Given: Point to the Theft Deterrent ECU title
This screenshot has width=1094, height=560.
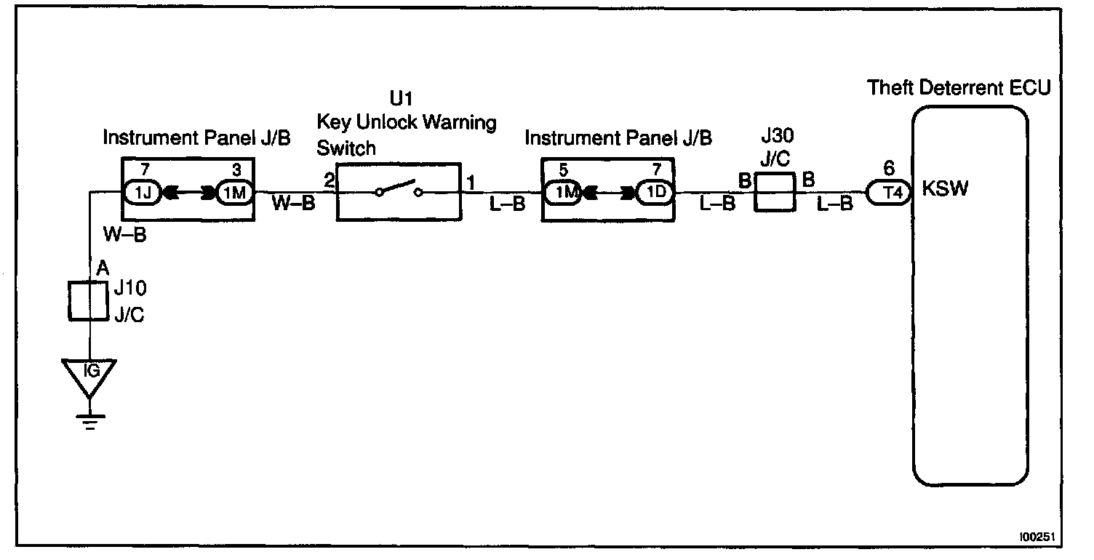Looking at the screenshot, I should [959, 89].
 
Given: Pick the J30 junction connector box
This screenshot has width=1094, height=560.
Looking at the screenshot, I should [776, 193].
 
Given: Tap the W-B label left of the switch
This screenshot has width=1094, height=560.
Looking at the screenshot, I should [294, 204].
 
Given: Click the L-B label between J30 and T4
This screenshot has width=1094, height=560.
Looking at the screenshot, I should [834, 204].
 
